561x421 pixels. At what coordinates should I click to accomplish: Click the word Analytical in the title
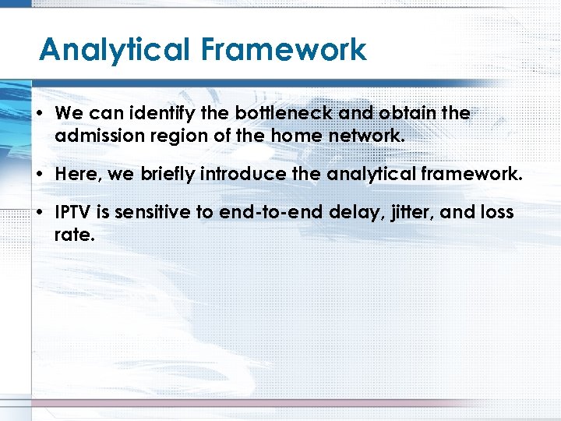(x=115, y=50)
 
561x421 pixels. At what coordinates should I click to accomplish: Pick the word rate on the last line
(x=74, y=234)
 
